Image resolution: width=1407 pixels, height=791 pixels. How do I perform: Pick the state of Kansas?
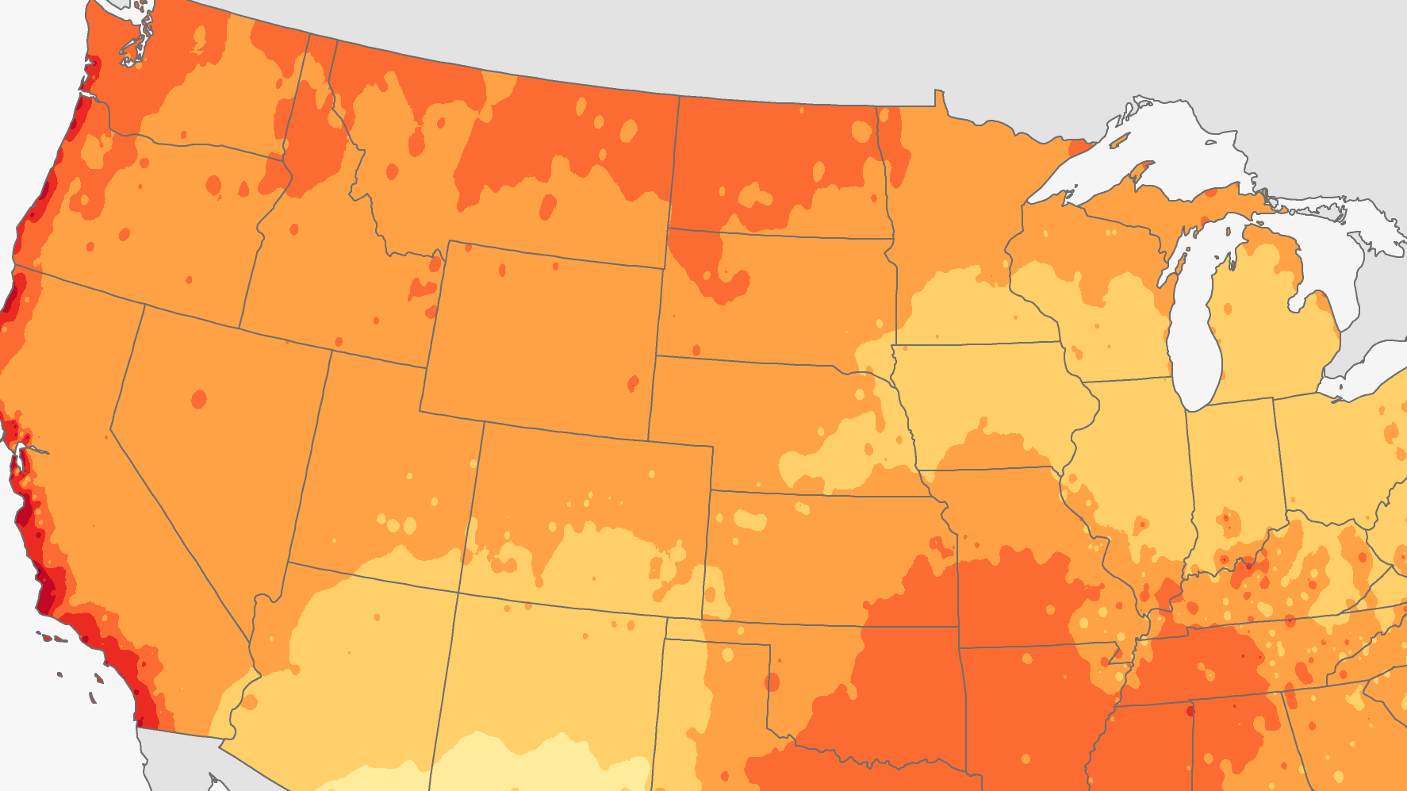pos(825,555)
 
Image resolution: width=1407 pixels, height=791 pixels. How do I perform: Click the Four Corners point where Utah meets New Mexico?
pos(458,593)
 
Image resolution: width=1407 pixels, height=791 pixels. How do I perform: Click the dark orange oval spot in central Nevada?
pos(198,399)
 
